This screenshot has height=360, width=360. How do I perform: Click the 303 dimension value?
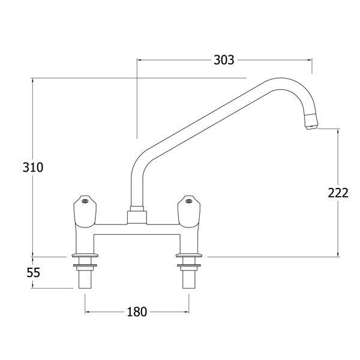(x=224, y=60)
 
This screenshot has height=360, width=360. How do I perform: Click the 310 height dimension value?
(x=33, y=167)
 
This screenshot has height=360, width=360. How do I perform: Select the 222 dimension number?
(x=338, y=193)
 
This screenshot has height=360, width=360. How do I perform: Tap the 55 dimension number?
(x=33, y=272)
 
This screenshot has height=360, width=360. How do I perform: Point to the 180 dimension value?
(x=137, y=312)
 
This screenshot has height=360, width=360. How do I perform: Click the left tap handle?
(x=85, y=212)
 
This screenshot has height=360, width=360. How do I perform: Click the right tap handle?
(x=189, y=212)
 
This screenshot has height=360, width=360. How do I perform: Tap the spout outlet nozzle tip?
(x=311, y=127)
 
